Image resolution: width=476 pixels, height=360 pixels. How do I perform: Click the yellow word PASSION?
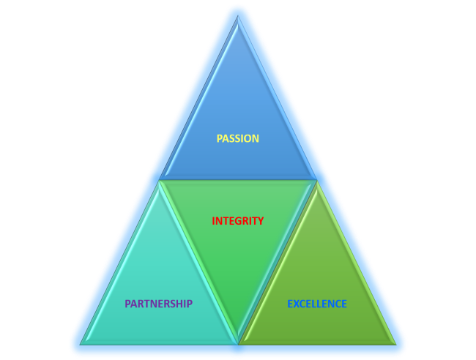pyautogui.click(x=238, y=138)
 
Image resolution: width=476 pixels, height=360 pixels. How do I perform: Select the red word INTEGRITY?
pyautogui.click(x=238, y=220)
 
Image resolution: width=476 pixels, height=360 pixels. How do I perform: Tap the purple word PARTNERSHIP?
pyautogui.click(x=158, y=304)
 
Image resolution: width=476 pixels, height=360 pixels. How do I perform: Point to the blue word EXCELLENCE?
pyautogui.click(x=317, y=304)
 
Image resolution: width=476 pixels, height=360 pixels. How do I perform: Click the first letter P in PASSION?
pyautogui.click(x=220, y=138)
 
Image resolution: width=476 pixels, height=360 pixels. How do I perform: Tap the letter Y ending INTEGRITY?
pyautogui.click(x=261, y=220)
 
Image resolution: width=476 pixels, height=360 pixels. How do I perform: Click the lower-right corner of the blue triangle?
pyautogui.click(x=315, y=178)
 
